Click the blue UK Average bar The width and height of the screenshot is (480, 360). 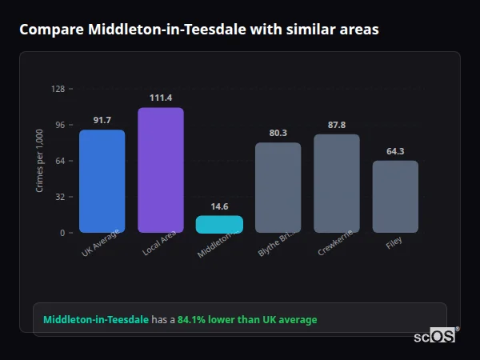(102, 181)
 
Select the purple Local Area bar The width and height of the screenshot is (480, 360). (160, 170)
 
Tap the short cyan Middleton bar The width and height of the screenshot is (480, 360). (218, 224)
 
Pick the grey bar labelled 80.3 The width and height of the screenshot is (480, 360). (278, 187)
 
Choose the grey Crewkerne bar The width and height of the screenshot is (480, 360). (336, 183)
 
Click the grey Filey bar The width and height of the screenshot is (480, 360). (395, 196)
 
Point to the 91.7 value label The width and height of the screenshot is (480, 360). (102, 120)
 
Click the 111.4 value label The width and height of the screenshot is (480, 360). (160, 98)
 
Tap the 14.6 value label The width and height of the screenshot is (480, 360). (218, 206)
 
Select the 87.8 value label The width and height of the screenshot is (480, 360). (336, 125)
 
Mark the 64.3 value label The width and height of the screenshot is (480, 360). (395, 151)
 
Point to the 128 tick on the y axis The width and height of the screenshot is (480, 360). (58, 89)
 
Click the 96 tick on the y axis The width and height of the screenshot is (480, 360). (60, 125)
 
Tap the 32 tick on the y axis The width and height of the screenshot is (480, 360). (60, 197)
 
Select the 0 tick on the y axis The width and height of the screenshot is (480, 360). (62, 233)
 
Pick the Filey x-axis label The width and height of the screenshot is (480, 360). (394, 242)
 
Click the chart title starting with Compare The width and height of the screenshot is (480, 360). (199, 30)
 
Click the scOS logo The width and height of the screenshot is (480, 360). (435, 336)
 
